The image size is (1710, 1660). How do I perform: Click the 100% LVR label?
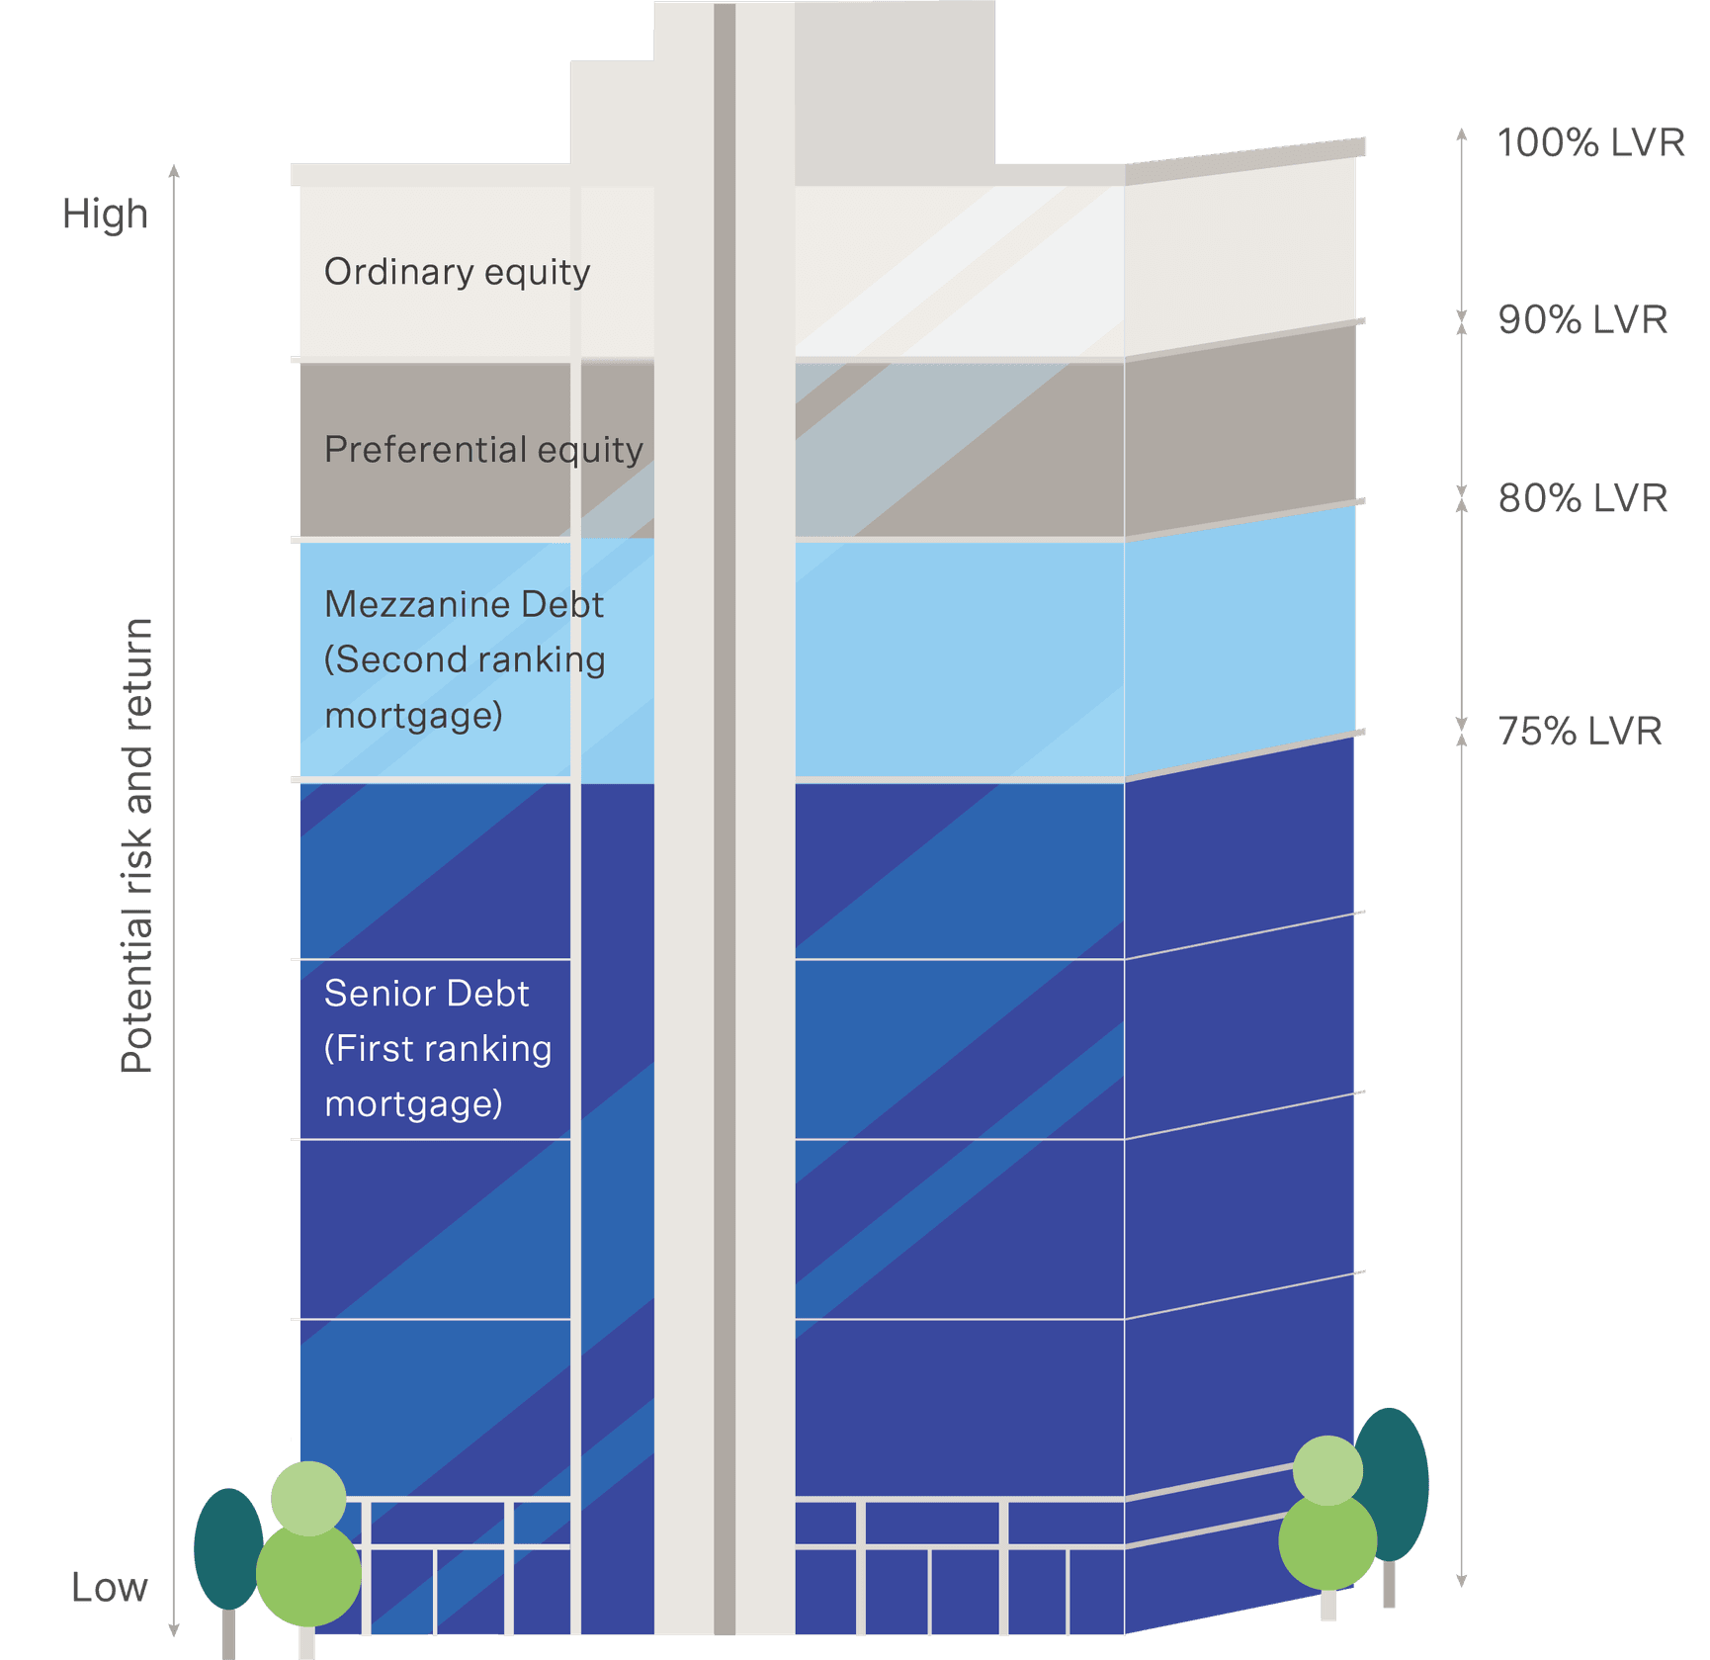click(1589, 142)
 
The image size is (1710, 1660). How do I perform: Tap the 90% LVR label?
click(1582, 319)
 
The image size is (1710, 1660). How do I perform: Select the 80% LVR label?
click(1582, 497)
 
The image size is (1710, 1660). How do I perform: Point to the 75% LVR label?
click(1580, 731)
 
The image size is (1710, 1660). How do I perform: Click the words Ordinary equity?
click(457, 272)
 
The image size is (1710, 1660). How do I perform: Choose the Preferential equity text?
click(483, 450)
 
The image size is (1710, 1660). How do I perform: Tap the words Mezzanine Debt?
click(464, 604)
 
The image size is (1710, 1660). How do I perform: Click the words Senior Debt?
click(426, 993)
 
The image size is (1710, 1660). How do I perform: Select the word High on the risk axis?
click(105, 214)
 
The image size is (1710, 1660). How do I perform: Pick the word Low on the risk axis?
click(109, 1587)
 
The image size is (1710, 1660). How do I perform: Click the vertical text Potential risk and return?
click(137, 845)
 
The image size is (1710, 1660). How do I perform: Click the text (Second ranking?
click(465, 659)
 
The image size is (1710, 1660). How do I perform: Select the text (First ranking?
click(438, 1048)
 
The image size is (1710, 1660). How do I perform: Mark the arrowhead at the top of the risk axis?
click(174, 172)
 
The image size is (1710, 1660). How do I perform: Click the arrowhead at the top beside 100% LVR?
click(1461, 133)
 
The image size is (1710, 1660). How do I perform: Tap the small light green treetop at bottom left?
click(308, 1497)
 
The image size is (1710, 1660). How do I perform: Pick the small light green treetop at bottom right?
click(1327, 1470)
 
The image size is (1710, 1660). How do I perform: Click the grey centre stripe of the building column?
click(725, 791)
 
